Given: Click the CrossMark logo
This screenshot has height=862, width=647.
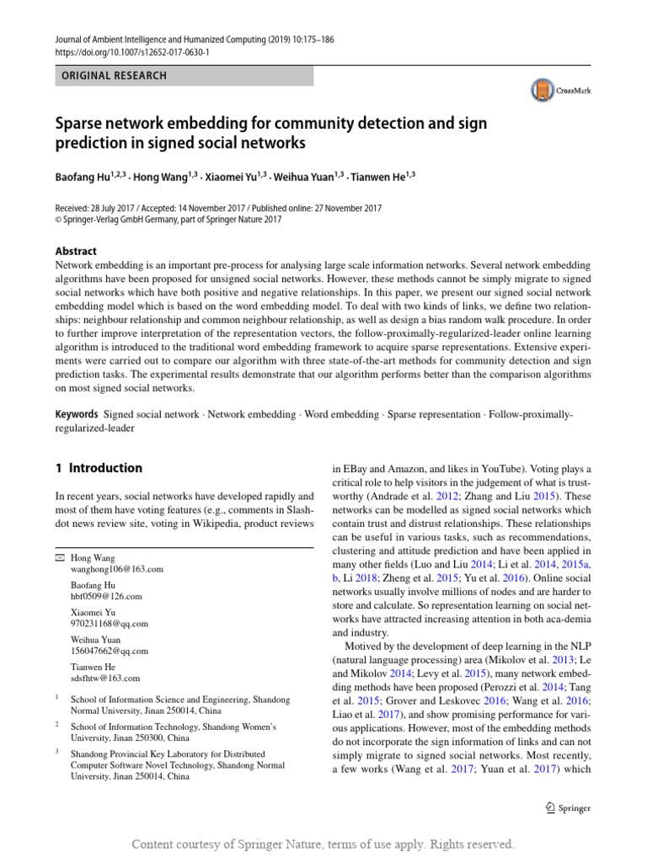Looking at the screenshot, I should coord(559,90).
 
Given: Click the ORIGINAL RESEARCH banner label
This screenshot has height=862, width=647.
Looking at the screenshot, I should coord(111,76).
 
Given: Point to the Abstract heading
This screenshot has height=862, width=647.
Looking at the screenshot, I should coord(75,251).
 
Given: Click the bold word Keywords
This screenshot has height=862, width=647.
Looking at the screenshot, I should coord(77,415).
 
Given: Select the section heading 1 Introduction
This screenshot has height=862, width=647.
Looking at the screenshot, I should coord(98,468).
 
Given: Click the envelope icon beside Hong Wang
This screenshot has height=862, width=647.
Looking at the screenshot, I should coord(59,558).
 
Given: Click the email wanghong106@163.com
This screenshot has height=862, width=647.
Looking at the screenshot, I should coord(116,569).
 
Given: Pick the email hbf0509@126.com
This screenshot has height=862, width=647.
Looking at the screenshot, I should coord(106,596).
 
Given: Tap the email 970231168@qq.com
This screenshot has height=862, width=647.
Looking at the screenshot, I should coord(109,624).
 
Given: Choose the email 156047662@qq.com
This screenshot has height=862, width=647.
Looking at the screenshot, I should coord(109,651).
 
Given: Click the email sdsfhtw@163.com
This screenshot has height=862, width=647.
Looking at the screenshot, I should coord(105,678).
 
